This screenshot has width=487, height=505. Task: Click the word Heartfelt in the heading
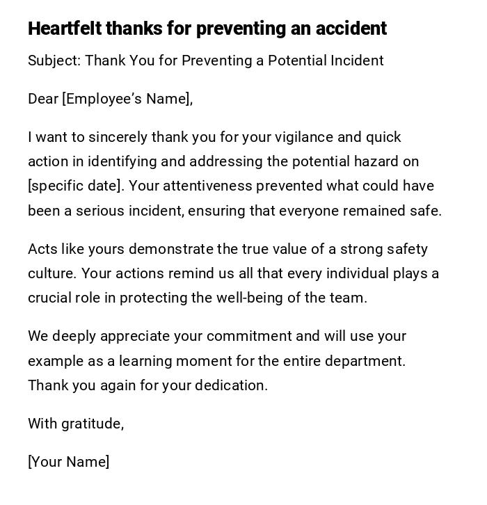tap(64, 29)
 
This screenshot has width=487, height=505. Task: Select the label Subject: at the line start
tap(54, 61)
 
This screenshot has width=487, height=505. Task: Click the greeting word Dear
tap(42, 99)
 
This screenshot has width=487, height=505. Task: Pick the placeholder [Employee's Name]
tap(127, 99)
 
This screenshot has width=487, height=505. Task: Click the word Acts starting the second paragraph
tap(42, 249)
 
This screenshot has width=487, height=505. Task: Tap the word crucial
tap(51, 298)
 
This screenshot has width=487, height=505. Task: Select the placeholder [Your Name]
tap(68, 462)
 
